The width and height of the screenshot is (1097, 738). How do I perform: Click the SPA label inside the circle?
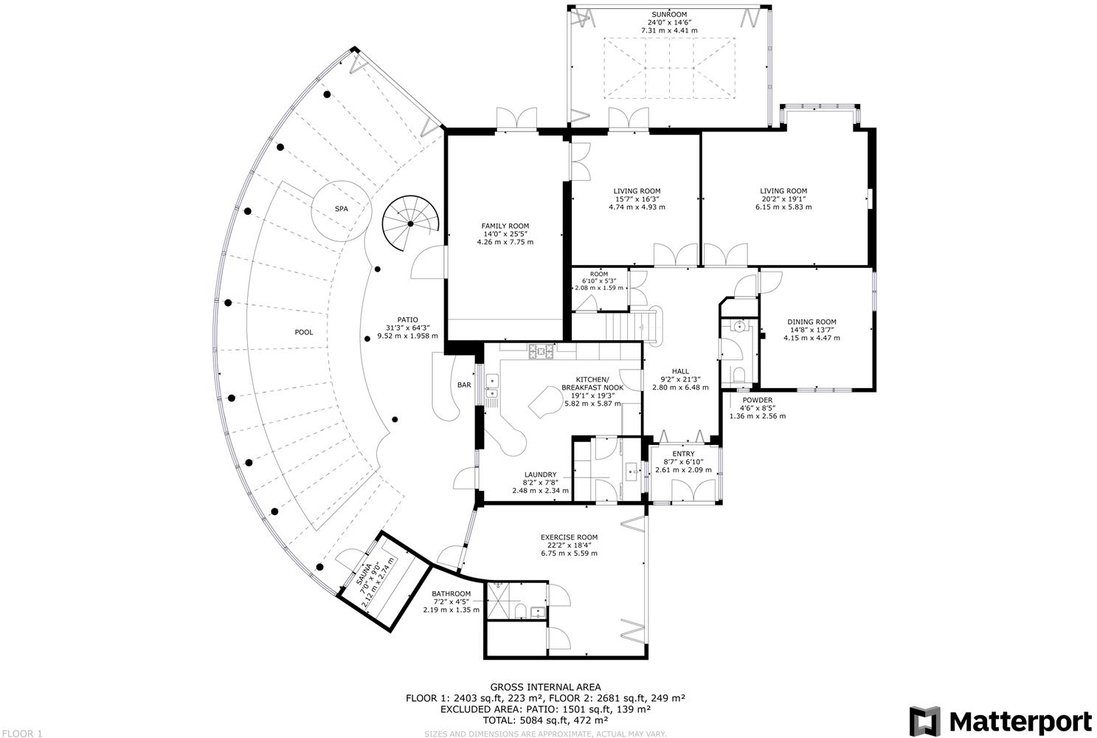tap(342, 209)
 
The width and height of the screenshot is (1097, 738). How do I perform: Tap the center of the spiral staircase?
tap(410, 224)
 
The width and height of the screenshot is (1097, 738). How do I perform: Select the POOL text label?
tap(304, 332)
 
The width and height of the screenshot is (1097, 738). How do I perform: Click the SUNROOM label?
tap(669, 15)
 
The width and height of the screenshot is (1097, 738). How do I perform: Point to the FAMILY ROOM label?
tap(505, 226)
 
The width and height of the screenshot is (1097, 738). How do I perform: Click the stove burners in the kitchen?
tap(541, 351)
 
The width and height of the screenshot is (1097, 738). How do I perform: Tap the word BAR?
tap(464, 384)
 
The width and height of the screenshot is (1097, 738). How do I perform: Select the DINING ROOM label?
tap(811, 322)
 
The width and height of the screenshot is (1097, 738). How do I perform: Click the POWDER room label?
tap(758, 400)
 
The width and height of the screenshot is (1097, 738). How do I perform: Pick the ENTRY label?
tap(683, 454)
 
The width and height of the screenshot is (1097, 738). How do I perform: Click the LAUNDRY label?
tap(540, 475)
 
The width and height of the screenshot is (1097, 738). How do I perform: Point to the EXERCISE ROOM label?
tap(569, 537)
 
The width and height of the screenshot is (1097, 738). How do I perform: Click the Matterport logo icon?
tap(924, 721)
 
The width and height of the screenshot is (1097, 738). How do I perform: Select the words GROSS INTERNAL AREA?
tap(546, 688)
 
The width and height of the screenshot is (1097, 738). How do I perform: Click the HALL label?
tap(680, 371)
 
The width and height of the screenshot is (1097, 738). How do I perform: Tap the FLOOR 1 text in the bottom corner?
tap(22, 734)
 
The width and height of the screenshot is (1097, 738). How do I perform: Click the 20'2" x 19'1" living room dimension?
tap(783, 199)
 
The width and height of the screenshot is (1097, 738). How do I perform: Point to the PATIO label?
tap(407, 320)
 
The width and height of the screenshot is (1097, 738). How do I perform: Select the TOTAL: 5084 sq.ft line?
tap(545, 720)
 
